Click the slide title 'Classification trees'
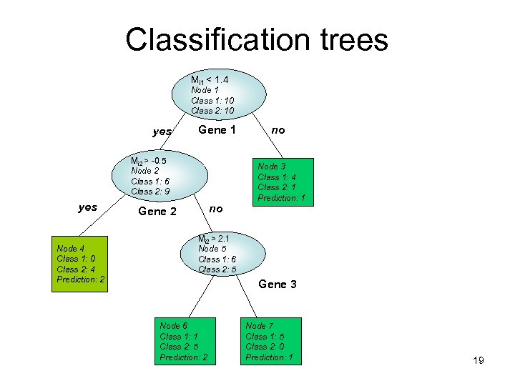click(257, 39)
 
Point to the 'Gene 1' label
click(217, 130)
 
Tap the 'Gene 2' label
click(157, 212)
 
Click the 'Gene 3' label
click(278, 284)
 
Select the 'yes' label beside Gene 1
click(162, 132)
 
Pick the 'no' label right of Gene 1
click(278, 130)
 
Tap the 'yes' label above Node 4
click(87, 207)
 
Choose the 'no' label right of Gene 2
click(217, 209)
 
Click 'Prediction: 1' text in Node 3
click(282, 198)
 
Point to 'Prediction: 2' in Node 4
click(81, 279)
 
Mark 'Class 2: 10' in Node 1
click(212, 111)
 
